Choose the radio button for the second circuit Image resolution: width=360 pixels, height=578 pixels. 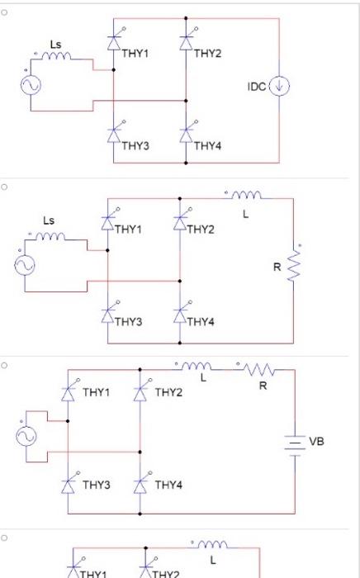(4, 187)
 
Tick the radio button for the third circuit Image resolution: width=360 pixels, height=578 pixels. (4, 364)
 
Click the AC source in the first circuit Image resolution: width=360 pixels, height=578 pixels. (36, 86)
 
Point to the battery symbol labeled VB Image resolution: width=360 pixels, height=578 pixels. (295, 443)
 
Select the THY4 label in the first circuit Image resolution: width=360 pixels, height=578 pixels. (207, 146)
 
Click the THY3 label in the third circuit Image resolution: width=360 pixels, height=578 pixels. (96, 485)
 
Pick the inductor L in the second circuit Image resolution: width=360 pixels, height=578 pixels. (245, 196)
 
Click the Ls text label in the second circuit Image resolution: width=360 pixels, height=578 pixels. (49, 220)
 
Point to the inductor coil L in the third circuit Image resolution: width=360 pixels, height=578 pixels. (197, 366)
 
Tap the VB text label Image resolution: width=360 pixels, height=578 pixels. (317, 442)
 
